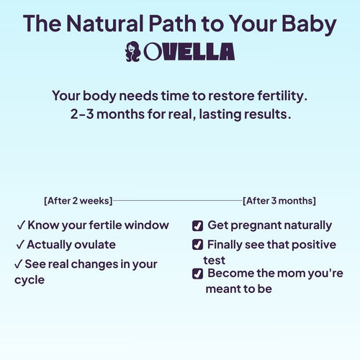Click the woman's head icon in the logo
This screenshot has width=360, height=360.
(132, 52)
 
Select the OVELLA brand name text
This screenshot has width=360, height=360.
(189, 52)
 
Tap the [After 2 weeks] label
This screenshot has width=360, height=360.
(77, 201)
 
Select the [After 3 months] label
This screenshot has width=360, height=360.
(279, 201)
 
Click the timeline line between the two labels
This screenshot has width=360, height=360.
(176, 201)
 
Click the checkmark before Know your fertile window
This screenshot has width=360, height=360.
(21, 225)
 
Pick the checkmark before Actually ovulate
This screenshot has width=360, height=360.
(21, 245)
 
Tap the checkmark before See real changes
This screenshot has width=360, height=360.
(18, 264)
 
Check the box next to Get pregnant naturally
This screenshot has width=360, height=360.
(197, 225)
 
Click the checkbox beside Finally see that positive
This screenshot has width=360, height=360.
(197, 245)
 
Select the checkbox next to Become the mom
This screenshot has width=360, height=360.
(197, 274)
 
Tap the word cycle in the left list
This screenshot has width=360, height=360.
(30, 279)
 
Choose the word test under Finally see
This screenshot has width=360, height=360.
(215, 260)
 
